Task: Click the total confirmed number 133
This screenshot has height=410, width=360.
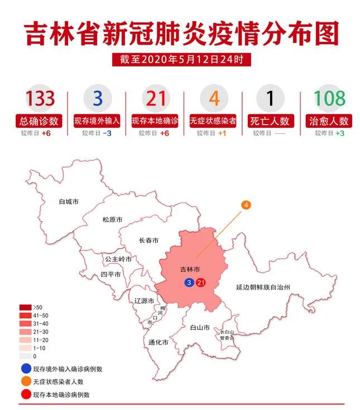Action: [40, 98]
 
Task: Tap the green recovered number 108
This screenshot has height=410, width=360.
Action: [329, 98]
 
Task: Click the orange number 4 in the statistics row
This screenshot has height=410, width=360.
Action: [214, 98]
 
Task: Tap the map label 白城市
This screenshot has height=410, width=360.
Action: [69, 201]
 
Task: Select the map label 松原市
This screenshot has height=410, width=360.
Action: [112, 220]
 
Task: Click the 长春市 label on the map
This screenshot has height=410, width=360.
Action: [148, 241]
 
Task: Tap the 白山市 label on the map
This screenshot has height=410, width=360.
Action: [200, 327]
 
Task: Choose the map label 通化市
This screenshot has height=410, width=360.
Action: [159, 342]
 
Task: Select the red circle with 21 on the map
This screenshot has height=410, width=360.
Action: [201, 283]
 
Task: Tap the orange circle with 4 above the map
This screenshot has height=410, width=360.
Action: [246, 205]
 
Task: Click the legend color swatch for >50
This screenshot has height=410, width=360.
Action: [25, 307]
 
